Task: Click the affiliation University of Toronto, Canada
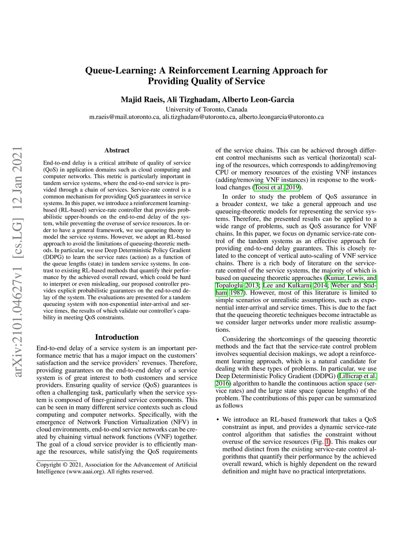click(x=206, y=109)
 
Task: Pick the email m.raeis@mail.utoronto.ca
click(x=124, y=117)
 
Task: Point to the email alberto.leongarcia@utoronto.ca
click(x=281, y=117)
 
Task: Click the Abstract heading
click(x=117, y=150)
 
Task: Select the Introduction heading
click(x=117, y=337)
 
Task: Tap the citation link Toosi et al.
click(x=269, y=187)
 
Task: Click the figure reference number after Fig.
click(x=327, y=442)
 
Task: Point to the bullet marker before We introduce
click(x=217, y=420)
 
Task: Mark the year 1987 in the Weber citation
click(x=236, y=293)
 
